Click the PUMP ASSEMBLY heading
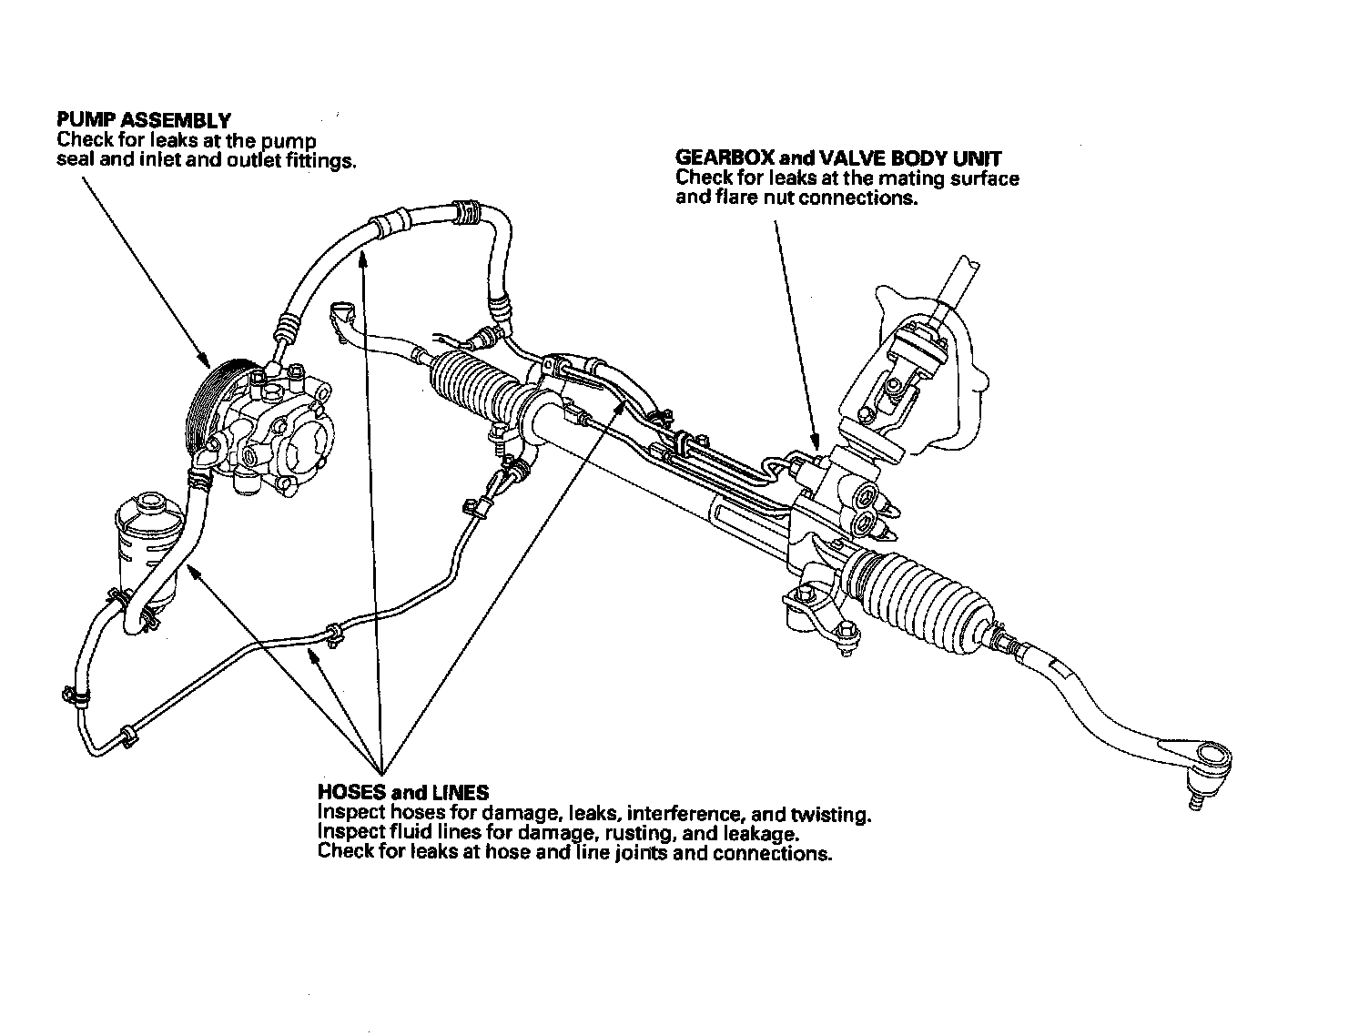[x=143, y=120]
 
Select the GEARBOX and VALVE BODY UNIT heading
[x=838, y=158]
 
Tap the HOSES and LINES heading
[x=403, y=793]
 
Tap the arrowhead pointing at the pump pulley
[x=207, y=361]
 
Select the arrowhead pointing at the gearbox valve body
[x=814, y=447]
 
